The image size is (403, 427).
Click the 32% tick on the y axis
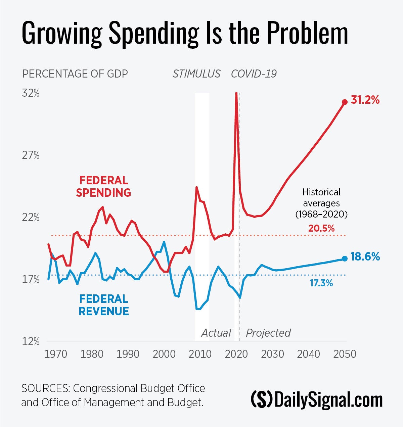pos(31,93)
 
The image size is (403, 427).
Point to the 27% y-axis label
pos(31,155)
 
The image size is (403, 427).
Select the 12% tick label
pos(31,342)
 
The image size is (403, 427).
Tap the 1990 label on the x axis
pos(128,354)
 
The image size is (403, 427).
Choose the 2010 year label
pos(200,354)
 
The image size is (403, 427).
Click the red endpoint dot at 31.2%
pos(345,102)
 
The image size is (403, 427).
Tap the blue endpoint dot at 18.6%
pos(345,258)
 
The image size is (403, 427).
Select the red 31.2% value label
pos(365,100)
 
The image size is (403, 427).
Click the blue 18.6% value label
pos(365,257)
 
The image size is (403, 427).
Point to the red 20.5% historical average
pos(321,229)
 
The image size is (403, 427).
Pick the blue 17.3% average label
pos(321,283)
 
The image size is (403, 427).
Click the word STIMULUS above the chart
pos(196,74)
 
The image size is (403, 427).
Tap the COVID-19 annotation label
pos(254,74)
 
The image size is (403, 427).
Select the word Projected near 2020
pos(268,333)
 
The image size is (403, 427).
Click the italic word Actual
pos(216,333)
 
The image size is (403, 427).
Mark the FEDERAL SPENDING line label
pos(103,187)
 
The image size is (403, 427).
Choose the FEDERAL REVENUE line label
pos(103,305)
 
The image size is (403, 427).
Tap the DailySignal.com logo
pos(317,399)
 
